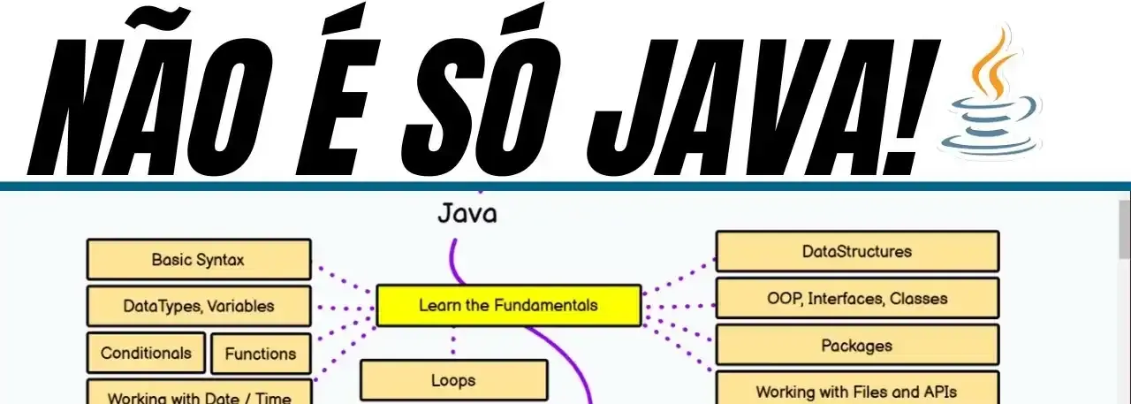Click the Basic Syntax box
pyautogui.click(x=198, y=260)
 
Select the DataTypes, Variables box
pyautogui.click(x=198, y=307)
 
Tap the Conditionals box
pyautogui.click(x=146, y=353)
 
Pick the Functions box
pyautogui.click(x=261, y=354)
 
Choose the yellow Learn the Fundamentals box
pyautogui.click(x=508, y=306)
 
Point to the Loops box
pyautogui.click(x=453, y=381)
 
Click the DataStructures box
pyautogui.click(x=856, y=251)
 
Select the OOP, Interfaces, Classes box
pyautogui.click(x=856, y=299)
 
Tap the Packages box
pyautogui.click(x=856, y=346)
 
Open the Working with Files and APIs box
pyautogui.click(x=856, y=391)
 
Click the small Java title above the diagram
pyautogui.click(x=467, y=214)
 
